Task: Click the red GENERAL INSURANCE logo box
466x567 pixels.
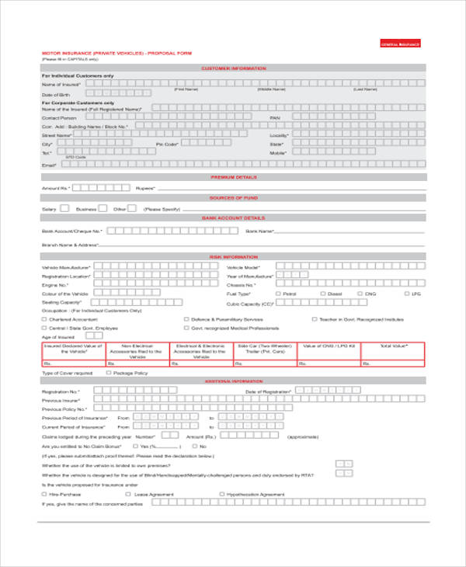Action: (400, 45)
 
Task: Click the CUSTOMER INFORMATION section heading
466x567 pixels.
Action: (233, 68)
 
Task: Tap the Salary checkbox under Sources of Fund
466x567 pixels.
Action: (64, 208)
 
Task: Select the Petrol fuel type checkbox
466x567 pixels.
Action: (278, 294)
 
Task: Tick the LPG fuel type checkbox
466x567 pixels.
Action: (406, 294)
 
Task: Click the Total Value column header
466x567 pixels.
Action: (393, 346)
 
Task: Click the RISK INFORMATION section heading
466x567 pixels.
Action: (233, 257)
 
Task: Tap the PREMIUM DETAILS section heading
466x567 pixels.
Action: (233, 177)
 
